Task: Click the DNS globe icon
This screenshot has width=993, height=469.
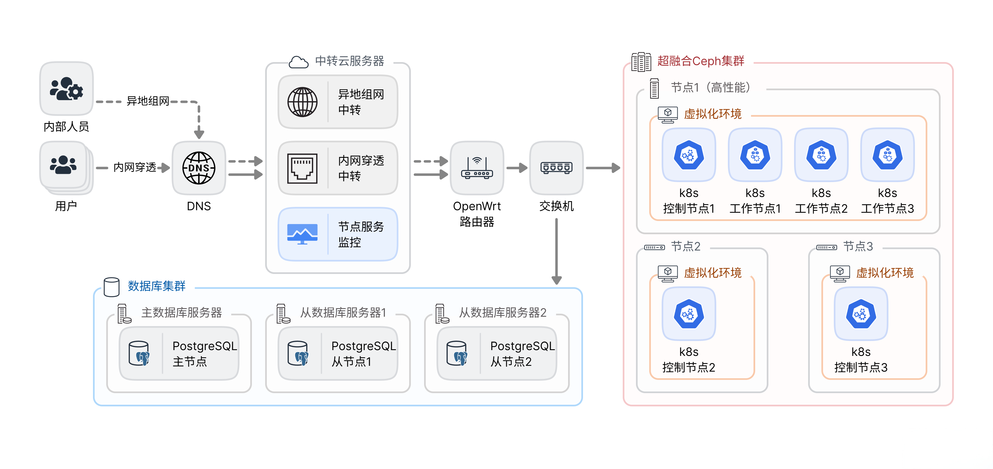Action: (x=199, y=168)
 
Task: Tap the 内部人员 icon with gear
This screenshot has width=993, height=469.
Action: (x=66, y=89)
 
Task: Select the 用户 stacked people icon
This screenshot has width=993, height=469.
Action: (x=64, y=165)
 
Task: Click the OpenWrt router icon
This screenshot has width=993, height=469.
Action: (x=477, y=168)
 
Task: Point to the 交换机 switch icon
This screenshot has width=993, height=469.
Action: (x=556, y=168)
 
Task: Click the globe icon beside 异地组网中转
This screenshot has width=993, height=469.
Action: (x=303, y=102)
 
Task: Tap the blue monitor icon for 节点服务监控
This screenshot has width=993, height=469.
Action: (x=303, y=234)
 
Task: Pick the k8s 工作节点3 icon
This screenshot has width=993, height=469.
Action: (x=887, y=155)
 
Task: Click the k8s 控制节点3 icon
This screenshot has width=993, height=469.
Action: (x=861, y=314)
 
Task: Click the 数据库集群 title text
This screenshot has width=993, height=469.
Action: (x=156, y=286)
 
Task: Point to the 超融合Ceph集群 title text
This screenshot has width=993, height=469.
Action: (x=701, y=61)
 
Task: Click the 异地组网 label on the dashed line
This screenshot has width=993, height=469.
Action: (x=148, y=101)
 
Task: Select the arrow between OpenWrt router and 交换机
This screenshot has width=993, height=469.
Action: (x=517, y=168)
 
